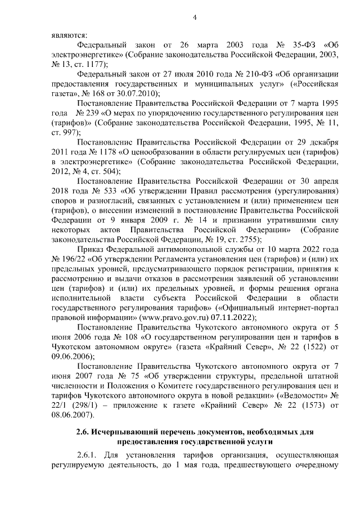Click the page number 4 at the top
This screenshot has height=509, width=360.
tap(193, 16)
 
